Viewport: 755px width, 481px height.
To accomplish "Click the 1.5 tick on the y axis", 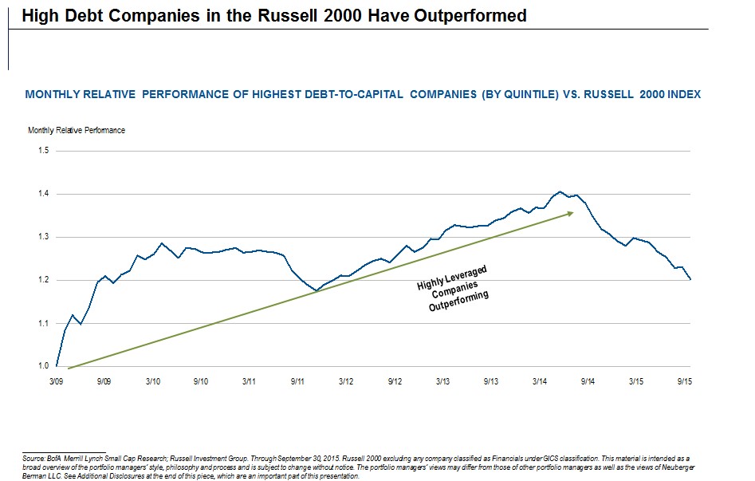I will click(x=44, y=151).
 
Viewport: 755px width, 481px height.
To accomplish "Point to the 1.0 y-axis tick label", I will click(x=44, y=366).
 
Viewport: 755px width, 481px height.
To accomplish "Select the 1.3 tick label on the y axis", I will click(x=44, y=237).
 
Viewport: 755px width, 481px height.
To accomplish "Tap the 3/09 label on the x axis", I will click(x=56, y=383).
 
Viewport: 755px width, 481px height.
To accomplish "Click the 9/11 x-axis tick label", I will click(x=297, y=383).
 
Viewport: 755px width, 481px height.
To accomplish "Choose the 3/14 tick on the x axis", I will click(x=538, y=383).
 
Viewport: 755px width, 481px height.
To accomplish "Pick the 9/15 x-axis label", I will click(x=684, y=383).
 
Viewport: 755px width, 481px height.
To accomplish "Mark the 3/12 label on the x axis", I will click(x=345, y=383).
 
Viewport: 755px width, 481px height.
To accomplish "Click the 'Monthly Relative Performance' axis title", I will click(x=77, y=130).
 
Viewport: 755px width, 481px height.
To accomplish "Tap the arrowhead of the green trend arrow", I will click(x=572, y=213).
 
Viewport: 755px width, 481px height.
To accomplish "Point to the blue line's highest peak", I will click(x=560, y=191).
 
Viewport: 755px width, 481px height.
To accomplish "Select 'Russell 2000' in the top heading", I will click(x=310, y=16).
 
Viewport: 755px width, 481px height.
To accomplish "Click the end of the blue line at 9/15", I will click(x=690, y=279).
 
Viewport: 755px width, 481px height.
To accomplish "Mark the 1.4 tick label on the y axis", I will click(x=44, y=194).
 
